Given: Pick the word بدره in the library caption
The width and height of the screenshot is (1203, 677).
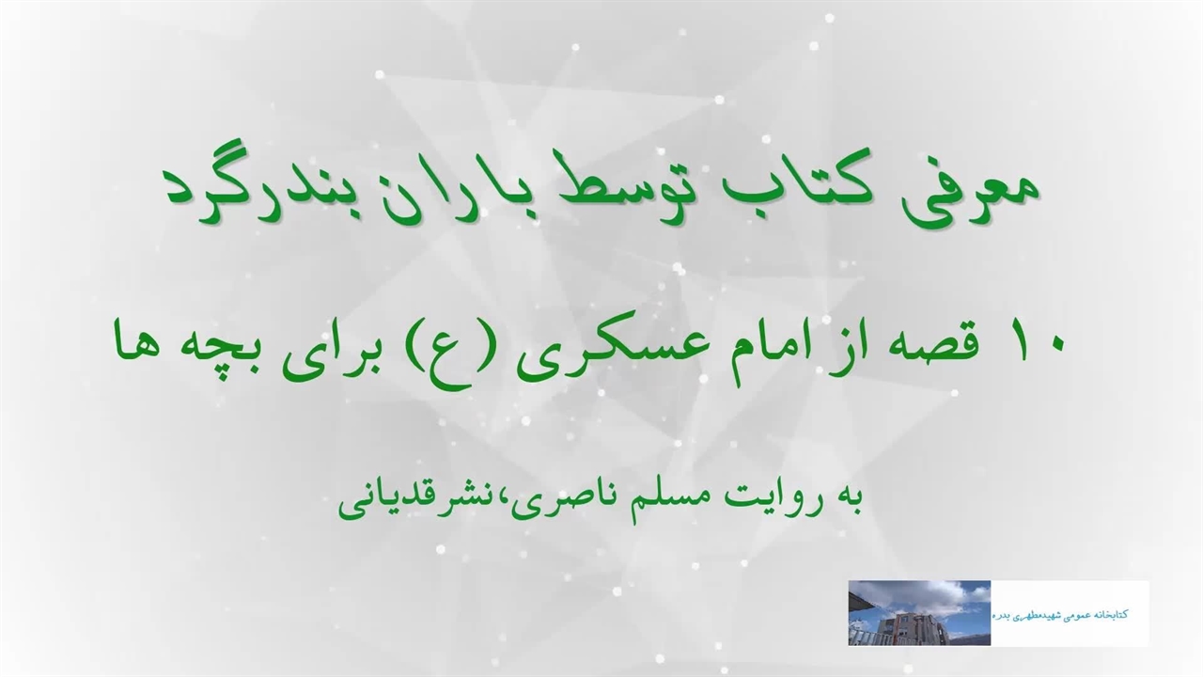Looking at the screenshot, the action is point(1003,616).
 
